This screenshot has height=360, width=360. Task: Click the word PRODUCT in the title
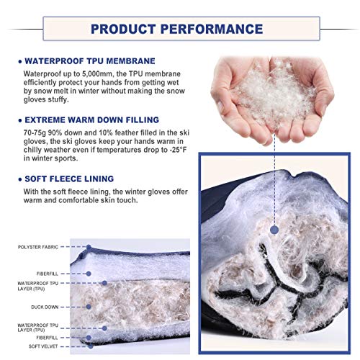click(x=123, y=29)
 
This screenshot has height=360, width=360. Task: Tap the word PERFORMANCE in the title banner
click(x=212, y=29)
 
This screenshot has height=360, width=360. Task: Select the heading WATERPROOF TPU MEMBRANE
click(x=90, y=61)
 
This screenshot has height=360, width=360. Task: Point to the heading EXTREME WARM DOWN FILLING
click(x=92, y=120)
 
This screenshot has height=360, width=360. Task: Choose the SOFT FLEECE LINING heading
click(x=69, y=179)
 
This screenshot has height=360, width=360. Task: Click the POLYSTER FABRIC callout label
click(x=38, y=247)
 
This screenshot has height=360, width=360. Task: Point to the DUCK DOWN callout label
click(x=45, y=307)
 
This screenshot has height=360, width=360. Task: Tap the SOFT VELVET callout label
click(x=43, y=346)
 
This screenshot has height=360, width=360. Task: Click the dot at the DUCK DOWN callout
click(x=89, y=307)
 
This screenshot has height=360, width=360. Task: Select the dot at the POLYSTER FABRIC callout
click(x=89, y=247)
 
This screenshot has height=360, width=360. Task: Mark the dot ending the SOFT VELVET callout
click(x=91, y=346)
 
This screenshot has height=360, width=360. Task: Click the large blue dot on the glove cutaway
click(x=274, y=230)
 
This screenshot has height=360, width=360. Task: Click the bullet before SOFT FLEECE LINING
click(x=20, y=179)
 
